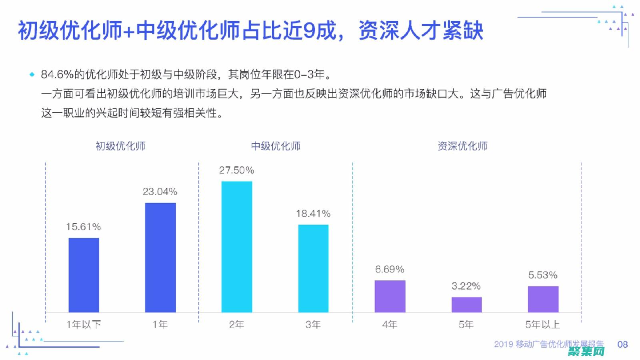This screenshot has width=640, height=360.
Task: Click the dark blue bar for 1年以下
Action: pyautogui.click(x=84, y=275)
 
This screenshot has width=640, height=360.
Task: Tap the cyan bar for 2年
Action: pyautogui.click(x=237, y=246)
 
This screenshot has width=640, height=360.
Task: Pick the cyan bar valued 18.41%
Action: pyautogui.click(x=313, y=268)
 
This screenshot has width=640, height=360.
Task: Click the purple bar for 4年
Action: pyautogui.click(x=390, y=296)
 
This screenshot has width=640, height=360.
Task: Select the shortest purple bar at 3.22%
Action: pyautogui.click(x=466, y=304)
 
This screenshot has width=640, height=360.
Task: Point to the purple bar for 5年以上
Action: pyautogui.click(x=543, y=299)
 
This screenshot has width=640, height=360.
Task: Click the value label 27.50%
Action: pyautogui.click(x=236, y=170)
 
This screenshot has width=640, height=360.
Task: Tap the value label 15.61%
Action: pyautogui.click(x=83, y=227)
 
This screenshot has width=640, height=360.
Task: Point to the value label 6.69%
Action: pyautogui.click(x=390, y=269)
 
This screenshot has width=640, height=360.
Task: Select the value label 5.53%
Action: pyautogui.click(x=543, y=275)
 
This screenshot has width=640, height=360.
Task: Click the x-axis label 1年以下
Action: pyautogui.click(x=84, y=324)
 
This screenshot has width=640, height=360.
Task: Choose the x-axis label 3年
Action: pyautogui.click(x=313, y=324)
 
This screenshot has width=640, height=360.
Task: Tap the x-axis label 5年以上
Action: pyautogui.click(x=543, y=324)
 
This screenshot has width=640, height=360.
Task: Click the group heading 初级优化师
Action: pyautogui.click(x=120, y=146)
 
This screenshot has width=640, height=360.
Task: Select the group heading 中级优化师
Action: pyautogui.click(x=276, y=146)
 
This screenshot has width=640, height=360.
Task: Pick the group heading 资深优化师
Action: pyautogui.click(x=462, y=146)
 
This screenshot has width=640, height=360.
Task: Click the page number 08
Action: pyautogui.click(x=622, y=344)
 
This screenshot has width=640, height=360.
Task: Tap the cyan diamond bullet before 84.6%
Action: pyautogui.click(x=32, y=74)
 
